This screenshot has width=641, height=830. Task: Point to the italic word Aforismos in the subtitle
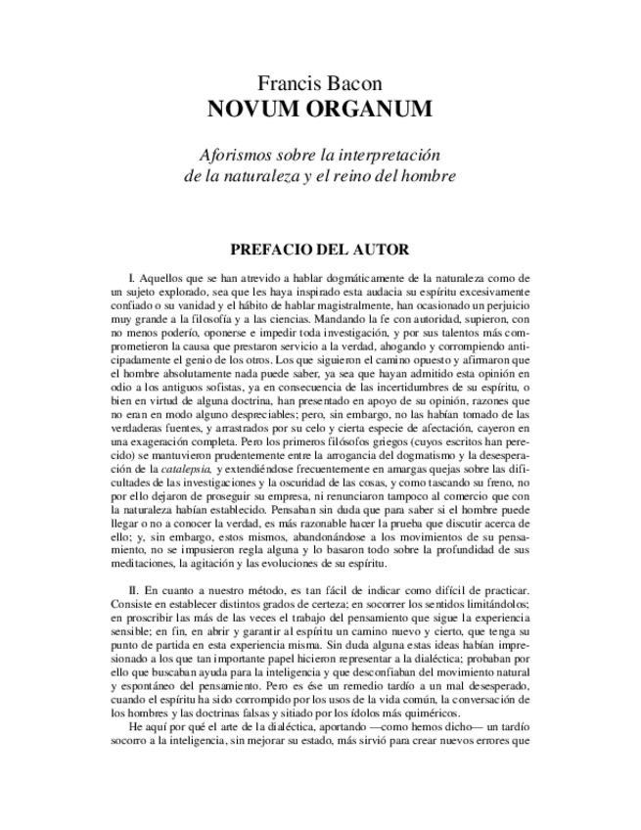(234, 156)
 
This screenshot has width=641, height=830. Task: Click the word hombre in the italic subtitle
(430, 176)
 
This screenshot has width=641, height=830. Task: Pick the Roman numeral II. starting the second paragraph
(134, 594)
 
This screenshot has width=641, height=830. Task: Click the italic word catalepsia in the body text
(185, 471)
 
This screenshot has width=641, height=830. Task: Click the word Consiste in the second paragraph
(135, 608)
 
